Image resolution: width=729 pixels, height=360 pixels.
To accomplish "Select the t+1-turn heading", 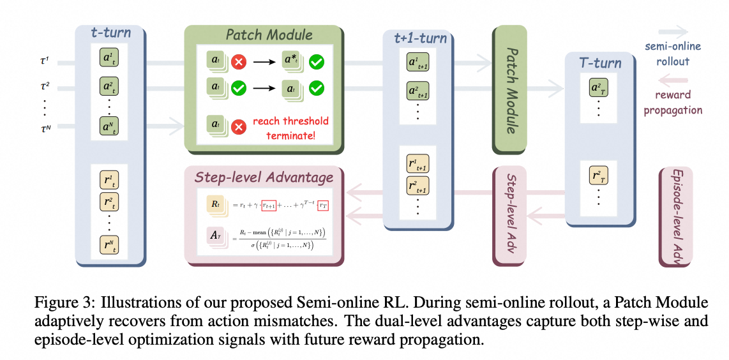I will coord(419,39).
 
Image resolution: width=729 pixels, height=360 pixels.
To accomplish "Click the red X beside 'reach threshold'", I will coord(239,126).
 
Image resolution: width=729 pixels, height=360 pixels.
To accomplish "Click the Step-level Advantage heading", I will coord(264,177).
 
